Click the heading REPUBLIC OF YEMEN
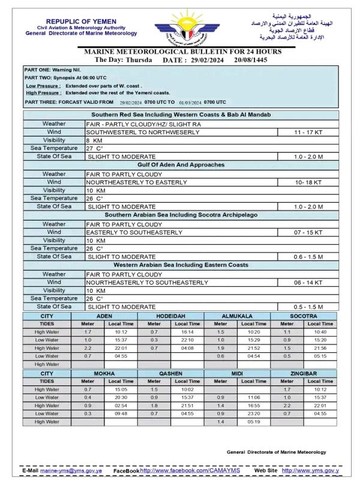(x=82, y=22)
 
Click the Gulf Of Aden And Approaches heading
(x=181, y=164)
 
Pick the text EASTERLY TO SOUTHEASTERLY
(x=134, y=232)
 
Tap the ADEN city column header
(x=104, y=316)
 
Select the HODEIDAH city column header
(x=170, y=316)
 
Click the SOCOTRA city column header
(x=304, y=316)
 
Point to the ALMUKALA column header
(x=237, y=316)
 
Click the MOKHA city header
(x=104, y=373)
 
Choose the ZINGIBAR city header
(x=304, y=373)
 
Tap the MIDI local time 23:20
(x=254, y=413)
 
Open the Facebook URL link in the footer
(x=190, y=470)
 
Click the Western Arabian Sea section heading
(x=181, y=265)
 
